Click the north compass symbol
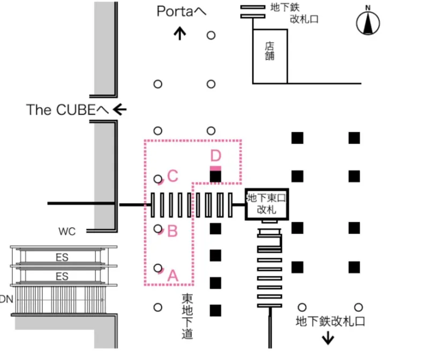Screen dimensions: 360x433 click(x=368, y=22)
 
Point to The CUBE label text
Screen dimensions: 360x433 click(x=68, y=110)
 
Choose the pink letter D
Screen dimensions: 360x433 click(x=215, y=156)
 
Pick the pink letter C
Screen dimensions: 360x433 click(x=173, y=176)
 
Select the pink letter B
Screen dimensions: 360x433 click(x=172, y=231)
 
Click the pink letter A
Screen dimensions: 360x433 click(x=172, y=275)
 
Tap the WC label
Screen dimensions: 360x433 click(x=67, y=231)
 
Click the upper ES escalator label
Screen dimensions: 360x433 click(x=62, y=257)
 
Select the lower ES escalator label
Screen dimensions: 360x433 click(x=62, y=276)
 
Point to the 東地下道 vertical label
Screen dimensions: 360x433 click(x=187, y=316)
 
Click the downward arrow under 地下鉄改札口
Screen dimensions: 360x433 click(x=328, y=340)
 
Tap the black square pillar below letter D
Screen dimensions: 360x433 click(x=215, y=175)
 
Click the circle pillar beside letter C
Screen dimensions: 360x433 click(x=158, y=179)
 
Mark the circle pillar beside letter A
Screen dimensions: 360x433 click(x=158, y=267)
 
